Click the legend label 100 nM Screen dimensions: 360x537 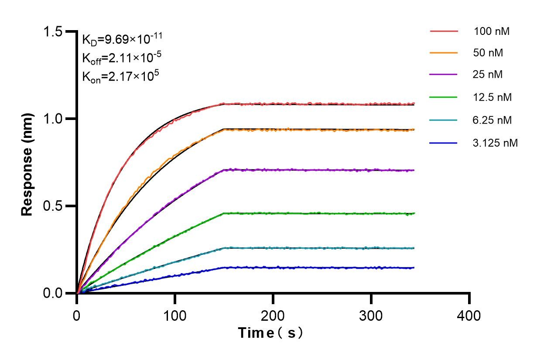(x=492, y=31)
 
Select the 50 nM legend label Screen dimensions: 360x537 (x=488, y=53)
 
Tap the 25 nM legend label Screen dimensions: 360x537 (x=488, y=75)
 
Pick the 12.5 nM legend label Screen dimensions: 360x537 (x=492, y=97)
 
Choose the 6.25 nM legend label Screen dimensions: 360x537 (x=492, y=120)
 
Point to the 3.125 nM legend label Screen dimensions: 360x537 (x=495, y=142)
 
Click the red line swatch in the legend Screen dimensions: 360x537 (x=444, y=31)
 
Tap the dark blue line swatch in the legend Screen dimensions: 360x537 (x=444, y=142)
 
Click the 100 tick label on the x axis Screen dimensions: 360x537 (x=175, y=315)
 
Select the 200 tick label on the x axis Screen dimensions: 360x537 (x=273, y=315)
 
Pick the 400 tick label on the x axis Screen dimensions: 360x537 (x=469, y=315)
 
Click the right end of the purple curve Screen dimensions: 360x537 (x=413, y=170)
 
